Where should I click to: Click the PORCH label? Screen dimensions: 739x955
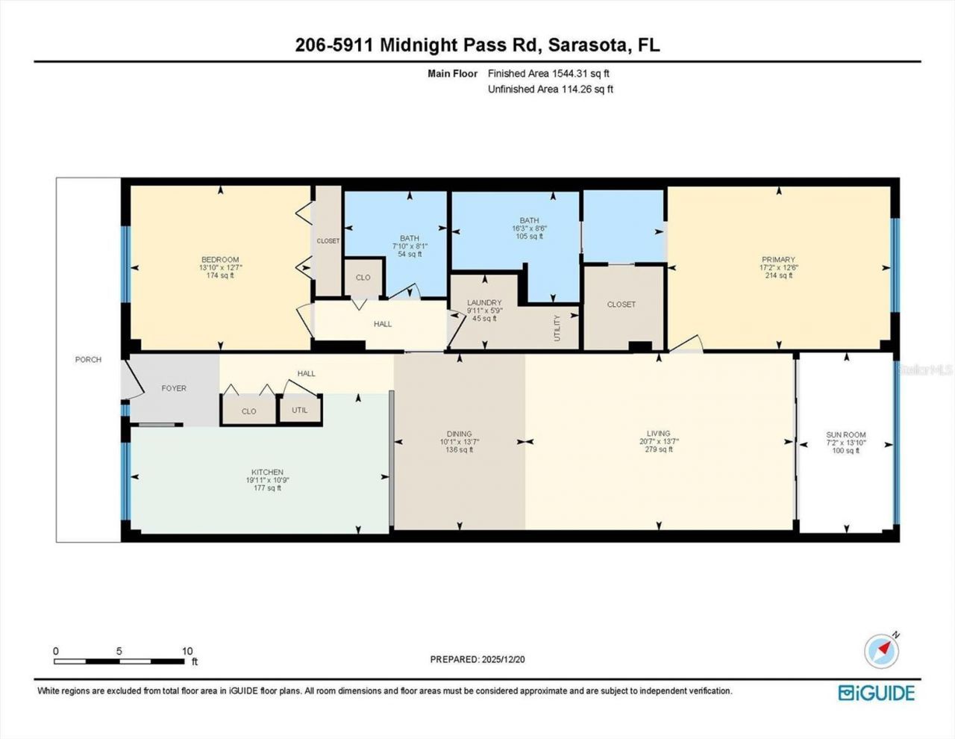[x=88, y=360]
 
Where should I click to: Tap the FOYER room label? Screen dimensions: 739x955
[x=174, y=388]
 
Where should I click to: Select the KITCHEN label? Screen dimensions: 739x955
[x=267, y=473]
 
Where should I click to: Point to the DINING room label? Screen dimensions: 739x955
[x=460, y=434]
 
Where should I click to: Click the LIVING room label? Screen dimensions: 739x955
[x=659, y=434]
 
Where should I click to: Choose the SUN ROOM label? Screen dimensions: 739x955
[x=846, y=434]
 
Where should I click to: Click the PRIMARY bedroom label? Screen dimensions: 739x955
[x=778, y=261]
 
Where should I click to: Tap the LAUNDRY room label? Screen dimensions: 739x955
[x=484, y=303]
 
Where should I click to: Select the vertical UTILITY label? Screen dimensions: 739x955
[x=557, y=328]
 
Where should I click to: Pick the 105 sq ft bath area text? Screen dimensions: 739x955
[x=530, y=237]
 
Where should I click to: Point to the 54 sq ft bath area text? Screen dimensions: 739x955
[x=410, y=255]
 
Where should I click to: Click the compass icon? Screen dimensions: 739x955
[x=881, y=650]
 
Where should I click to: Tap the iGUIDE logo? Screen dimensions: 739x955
[x=877, y=693]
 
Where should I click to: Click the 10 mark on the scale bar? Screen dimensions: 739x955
[x=187, y=651]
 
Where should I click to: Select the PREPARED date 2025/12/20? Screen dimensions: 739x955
[x=504, y=659]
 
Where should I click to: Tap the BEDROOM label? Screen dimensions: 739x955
[x=219, y=260]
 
